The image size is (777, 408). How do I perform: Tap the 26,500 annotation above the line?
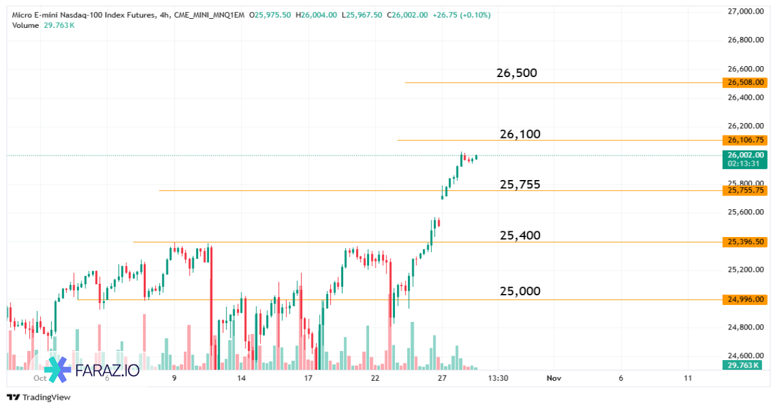(517, 73)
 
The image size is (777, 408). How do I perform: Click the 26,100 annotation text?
(520, 134)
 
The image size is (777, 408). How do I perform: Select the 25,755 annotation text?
(520, 185)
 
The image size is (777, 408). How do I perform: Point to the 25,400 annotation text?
(520, 235)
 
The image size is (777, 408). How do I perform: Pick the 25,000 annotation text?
(520, 291)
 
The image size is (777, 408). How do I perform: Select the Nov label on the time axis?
(552, 378)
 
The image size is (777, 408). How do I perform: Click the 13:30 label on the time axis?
(497, 378)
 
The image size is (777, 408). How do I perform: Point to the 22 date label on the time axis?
(375, 378)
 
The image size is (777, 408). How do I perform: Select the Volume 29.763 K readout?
(43, 25)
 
